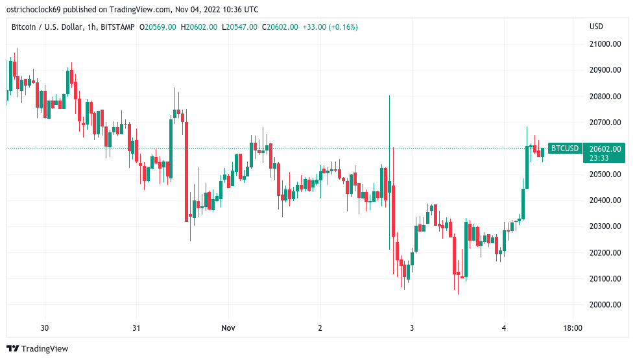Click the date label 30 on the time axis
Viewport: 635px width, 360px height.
tap(45, 328)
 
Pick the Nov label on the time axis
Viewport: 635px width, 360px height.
tap(228, 328)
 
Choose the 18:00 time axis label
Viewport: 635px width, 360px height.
tap(573, 328)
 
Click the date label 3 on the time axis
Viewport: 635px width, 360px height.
tap(411, 328)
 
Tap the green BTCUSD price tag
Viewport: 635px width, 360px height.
tap(564, 149)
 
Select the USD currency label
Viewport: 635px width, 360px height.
tap(596, 27)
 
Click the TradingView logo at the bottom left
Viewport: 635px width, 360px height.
tap(37, 349)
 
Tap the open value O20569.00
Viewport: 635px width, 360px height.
tap(158, 27)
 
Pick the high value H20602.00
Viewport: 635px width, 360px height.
tap(199, 27)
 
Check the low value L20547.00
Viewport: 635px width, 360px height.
tap(240, 27)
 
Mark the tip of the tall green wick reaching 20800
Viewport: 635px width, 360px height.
tap(389, 96)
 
